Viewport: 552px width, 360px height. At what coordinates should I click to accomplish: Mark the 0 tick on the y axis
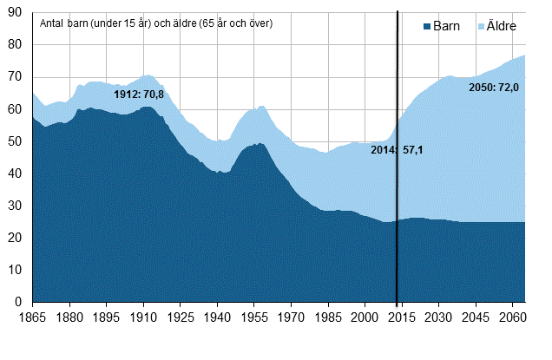pos(20,302)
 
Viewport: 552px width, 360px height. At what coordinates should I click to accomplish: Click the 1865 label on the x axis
pos(33,317)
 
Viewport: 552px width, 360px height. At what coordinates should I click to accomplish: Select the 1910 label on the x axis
pos(143,317)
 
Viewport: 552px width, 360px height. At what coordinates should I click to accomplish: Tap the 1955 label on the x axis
pos(254,317)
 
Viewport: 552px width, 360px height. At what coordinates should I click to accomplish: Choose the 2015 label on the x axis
pos(401,317)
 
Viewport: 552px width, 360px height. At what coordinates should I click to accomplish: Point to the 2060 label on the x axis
pos(512,317)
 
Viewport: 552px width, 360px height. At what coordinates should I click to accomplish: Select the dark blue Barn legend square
pos(426,26)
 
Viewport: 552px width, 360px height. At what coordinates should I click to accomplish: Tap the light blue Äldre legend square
pos(480,26)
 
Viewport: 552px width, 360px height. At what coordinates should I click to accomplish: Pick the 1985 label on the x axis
pos(327,317)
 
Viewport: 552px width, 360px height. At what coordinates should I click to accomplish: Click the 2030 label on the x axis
pos(438,317)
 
